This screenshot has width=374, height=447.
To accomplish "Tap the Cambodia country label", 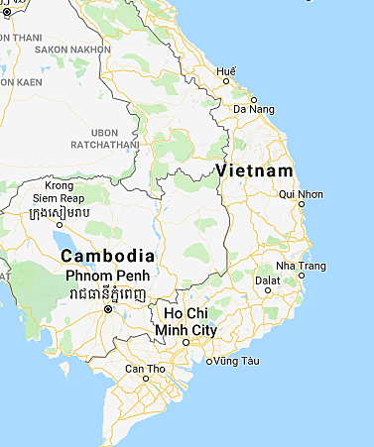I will [x=106, y=255].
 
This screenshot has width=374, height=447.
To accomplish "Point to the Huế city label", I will [x=228, y=72].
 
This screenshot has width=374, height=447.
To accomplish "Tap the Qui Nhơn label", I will [x=302, y=194].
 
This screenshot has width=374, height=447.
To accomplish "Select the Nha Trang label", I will [x=301, y=267].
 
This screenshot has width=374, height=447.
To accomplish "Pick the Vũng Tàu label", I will [x=236, y=361].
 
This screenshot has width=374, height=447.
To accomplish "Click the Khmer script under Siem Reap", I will [x=60, y=213].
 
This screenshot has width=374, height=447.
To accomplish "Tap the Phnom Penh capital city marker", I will [x=108, y=309].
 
